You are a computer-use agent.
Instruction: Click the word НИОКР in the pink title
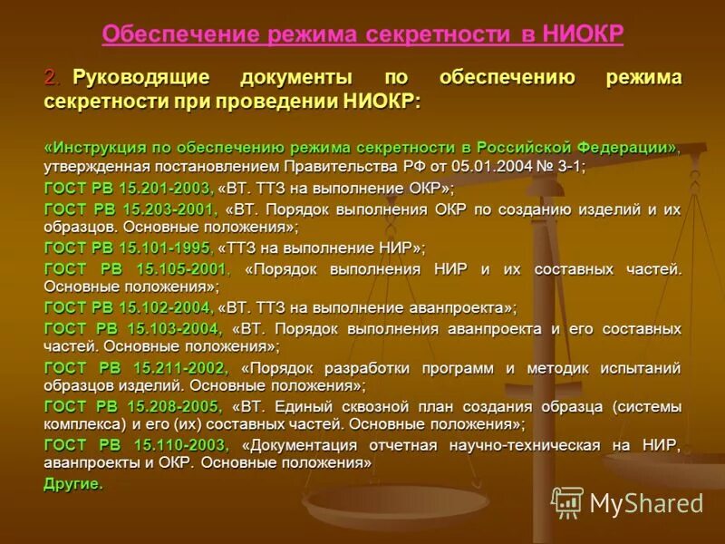coord(584,34)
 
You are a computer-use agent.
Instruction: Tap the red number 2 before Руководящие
coord(50,78)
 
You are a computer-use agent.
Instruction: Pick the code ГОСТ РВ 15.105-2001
coord(137,269)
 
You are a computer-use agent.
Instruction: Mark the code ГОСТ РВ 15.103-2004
coord(132,329)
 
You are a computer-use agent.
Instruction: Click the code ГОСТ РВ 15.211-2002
coord(136,368)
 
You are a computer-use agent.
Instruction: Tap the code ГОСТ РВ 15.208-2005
coord(132,406)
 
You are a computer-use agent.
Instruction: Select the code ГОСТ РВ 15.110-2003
coord(136,445)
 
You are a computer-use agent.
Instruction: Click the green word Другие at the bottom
coord(73,483)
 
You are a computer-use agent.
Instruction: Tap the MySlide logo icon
coord(567,502)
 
